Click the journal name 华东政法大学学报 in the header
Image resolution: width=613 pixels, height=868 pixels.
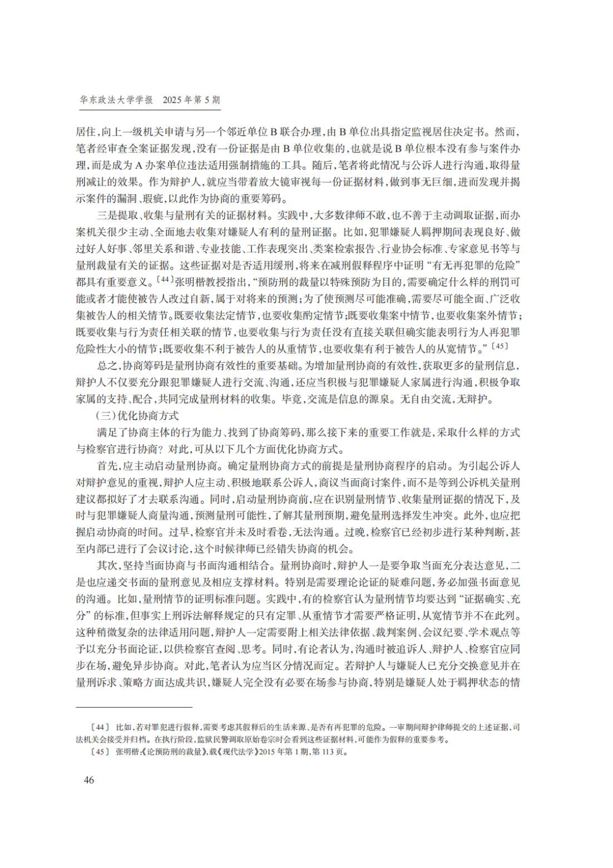[116, 100]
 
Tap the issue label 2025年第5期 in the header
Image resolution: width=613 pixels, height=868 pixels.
[191, 100]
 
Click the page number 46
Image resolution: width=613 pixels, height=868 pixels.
[89, 779]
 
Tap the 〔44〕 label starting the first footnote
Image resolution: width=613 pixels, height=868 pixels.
[100, 727]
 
